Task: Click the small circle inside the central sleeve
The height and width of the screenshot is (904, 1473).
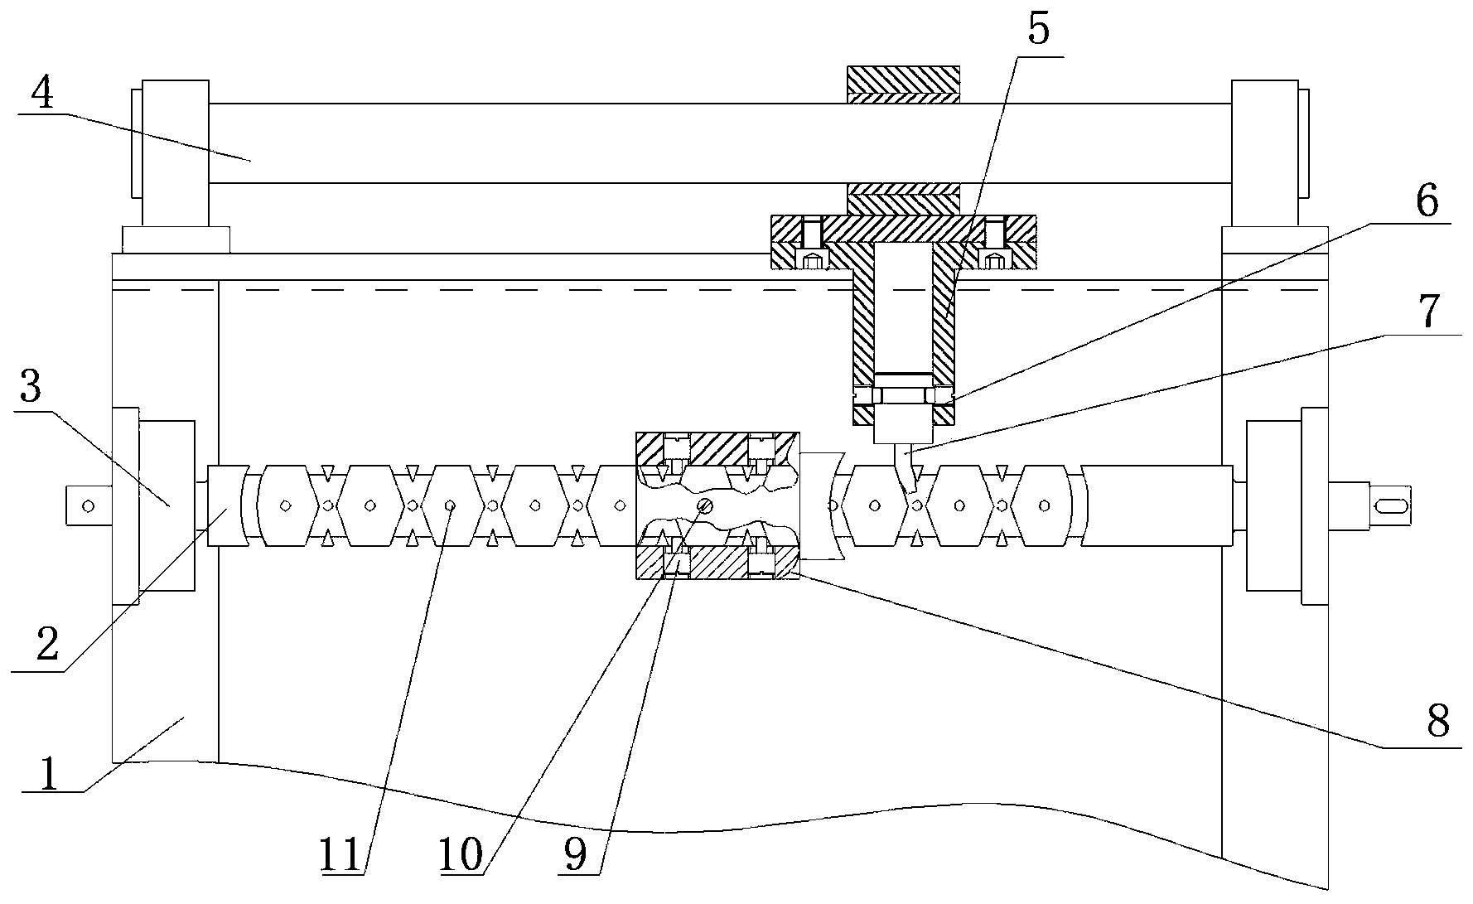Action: pos(704,505)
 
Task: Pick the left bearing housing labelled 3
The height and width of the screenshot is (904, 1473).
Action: pos(167,505)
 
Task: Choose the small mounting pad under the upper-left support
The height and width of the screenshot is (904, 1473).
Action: pos(175,239)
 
